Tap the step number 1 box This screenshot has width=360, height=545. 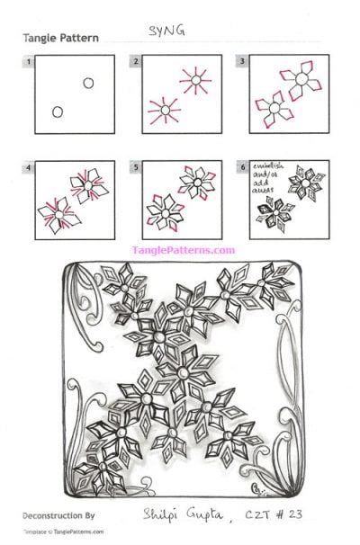click(x=31, y=61)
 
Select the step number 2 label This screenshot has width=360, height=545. click(x=136, y=61)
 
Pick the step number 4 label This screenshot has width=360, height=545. click(x=31, y=167)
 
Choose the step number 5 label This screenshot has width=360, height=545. click(x=136, y=167)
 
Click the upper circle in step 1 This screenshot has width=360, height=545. click(x=88, y=84)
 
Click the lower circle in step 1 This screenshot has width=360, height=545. click(x=58, y=112)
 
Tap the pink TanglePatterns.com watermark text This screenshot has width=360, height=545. click(x=183, y=251)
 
